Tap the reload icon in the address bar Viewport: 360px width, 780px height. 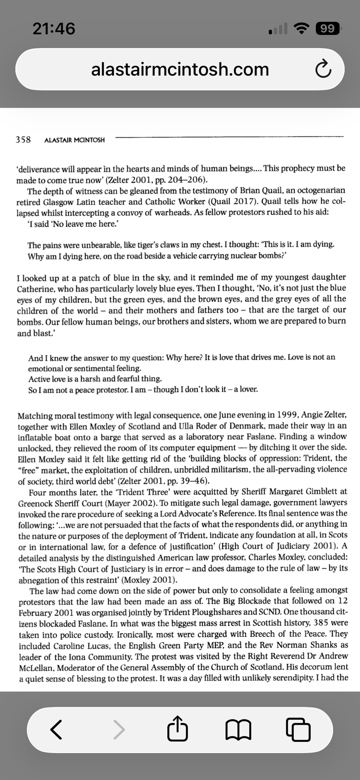tap(323, 69)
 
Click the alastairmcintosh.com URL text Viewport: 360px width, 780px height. tap(180, 69)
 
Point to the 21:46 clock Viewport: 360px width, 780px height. tap(54, 28)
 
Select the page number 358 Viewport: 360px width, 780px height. tap(23, 140)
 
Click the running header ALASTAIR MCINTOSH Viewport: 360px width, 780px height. tap(74, 140)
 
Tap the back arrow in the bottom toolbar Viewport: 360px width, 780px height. tap(57, 729)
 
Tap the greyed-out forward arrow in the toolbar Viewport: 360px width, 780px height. tap(119, 729)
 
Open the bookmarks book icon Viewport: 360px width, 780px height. tap(238, 729)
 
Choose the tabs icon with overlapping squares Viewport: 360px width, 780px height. tap(298, 729)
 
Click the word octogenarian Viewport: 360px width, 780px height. tap(321, 191)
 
